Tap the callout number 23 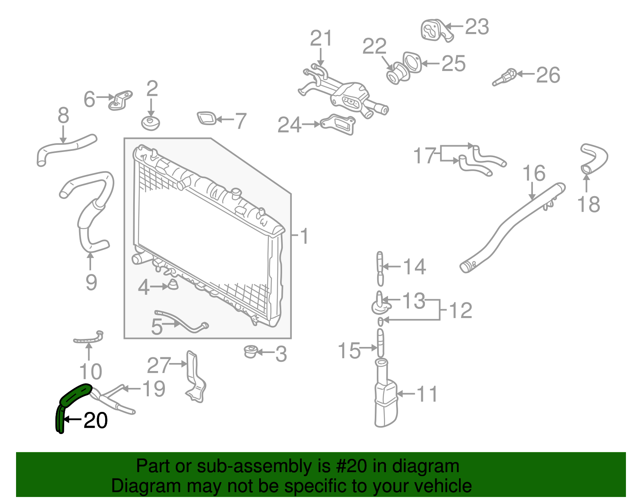click(x=477, y=27)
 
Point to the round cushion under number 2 click(x=151, y=123)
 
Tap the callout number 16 click(x=534, y=174)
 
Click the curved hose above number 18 click(x=595, y=157)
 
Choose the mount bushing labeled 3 click(x=251, y=351)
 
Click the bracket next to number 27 click(x=195, y=377)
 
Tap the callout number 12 click(x=461, y=311)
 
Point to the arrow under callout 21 click(x=321, y=57)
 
